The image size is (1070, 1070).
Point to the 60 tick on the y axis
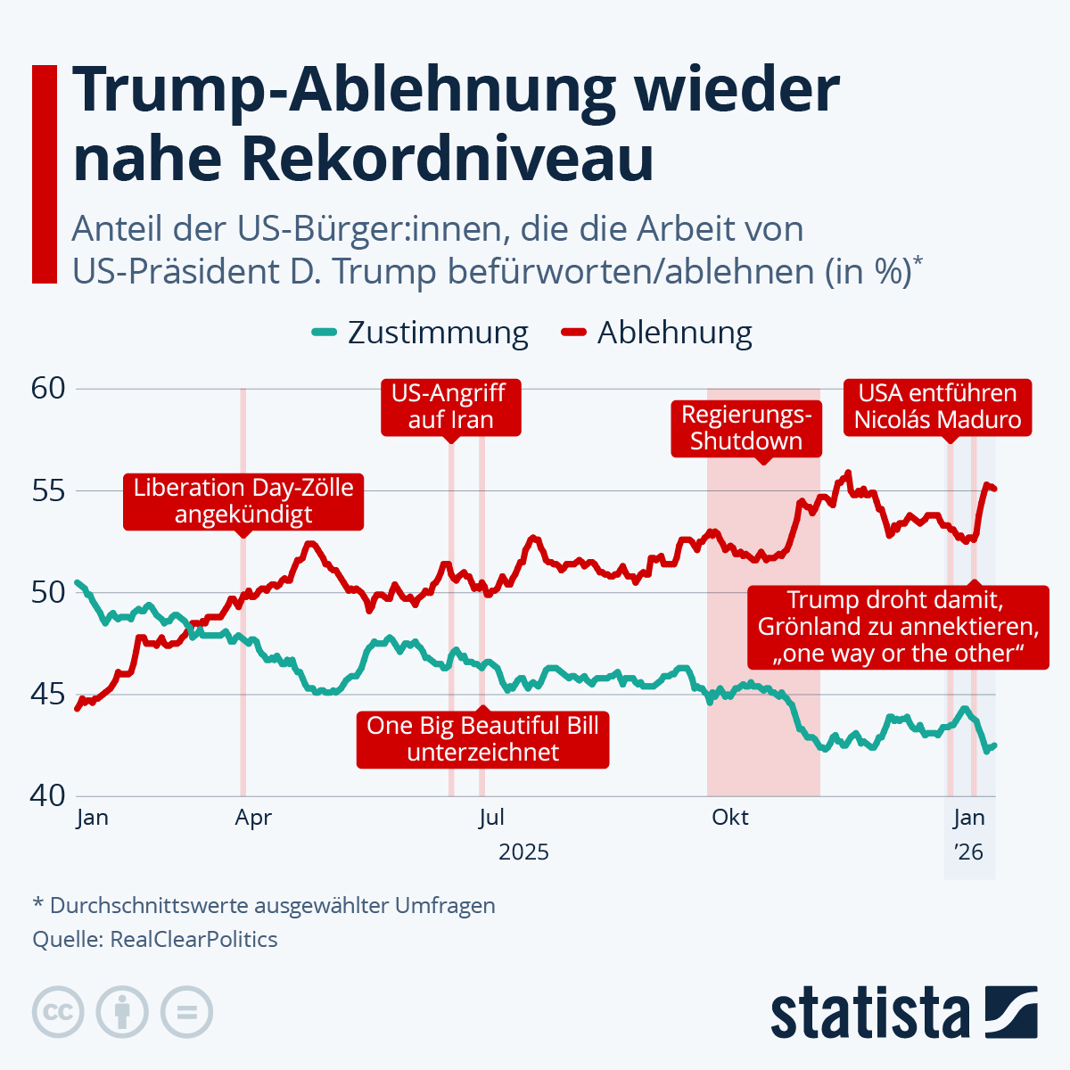point(48,389)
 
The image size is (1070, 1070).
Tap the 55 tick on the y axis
point(48,490)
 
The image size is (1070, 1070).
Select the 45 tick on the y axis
point(48,694)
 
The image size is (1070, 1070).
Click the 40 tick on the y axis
point(48,795)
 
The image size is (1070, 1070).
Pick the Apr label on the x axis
point(253,818)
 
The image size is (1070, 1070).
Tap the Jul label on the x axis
point(491,818)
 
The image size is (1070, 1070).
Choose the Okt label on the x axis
point(730,818)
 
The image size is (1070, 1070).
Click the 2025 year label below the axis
point(523,852)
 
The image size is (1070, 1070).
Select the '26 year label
point(968,852)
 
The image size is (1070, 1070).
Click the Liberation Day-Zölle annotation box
point(243,501)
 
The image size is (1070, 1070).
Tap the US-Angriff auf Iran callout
point(450,407)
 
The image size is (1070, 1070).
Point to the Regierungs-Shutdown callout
point(746,428)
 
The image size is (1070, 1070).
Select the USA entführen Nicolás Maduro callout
point(938,407)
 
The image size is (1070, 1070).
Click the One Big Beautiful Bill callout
point(482,738)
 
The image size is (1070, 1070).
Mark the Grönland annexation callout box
point(898,627)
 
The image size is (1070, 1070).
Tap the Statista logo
point(903,1012)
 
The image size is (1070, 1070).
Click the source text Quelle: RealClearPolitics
point(155,940)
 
